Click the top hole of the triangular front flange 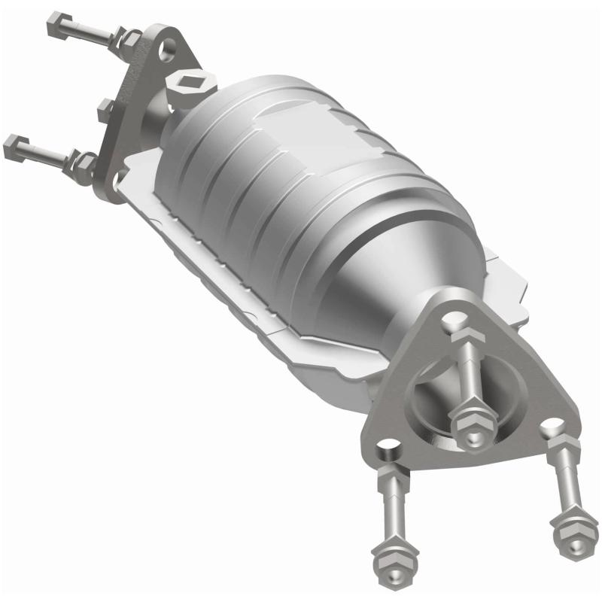451,323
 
